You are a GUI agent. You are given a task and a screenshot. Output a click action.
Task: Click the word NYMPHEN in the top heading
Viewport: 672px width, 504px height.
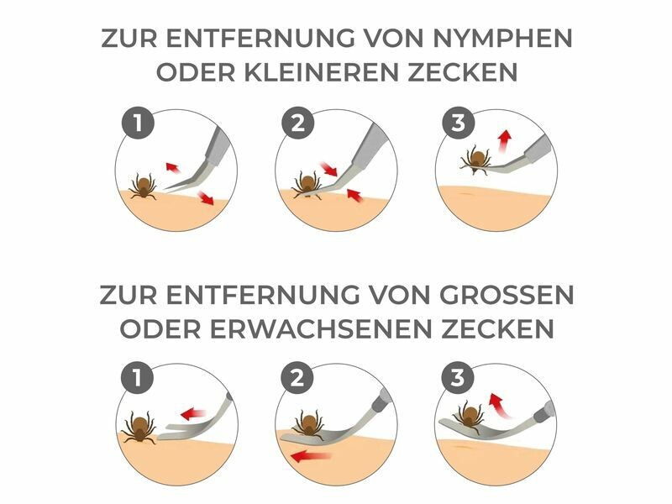(502, 38)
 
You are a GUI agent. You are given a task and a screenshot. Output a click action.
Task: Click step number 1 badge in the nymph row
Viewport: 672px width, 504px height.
(138, 123)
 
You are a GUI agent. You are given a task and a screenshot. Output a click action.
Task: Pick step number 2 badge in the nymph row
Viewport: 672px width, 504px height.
(298, 123)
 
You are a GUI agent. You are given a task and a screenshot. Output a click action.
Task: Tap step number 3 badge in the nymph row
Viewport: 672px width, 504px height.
(459, 123)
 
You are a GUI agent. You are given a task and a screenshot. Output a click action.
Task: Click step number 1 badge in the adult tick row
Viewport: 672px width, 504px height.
(138, 378)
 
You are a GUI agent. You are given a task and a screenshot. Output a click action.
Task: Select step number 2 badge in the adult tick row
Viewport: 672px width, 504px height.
(298, 378)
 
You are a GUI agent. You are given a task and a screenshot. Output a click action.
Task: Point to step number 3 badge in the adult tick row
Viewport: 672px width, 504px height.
(458, 378)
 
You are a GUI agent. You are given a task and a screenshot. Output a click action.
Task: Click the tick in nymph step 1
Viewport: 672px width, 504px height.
(144, 186)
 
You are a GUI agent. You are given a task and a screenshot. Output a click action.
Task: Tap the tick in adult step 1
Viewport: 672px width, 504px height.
(139, 428)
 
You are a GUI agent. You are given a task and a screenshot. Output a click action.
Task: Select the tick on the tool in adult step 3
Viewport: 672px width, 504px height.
(469, 417)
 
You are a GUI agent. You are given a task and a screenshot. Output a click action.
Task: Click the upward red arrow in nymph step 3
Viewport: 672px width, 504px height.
(505, 141)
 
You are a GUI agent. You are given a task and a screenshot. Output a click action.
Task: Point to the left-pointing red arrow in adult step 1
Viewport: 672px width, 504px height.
(193, 414)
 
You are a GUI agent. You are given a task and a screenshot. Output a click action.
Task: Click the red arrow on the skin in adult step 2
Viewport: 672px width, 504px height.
(311, 456)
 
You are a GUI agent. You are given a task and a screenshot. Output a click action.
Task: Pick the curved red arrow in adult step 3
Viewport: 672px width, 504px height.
(498, 405)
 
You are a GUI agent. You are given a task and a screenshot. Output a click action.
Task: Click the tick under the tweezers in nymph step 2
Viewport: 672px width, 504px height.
(306, 186)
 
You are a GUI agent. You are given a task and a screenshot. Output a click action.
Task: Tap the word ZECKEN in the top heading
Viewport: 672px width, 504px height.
(462, 72)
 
